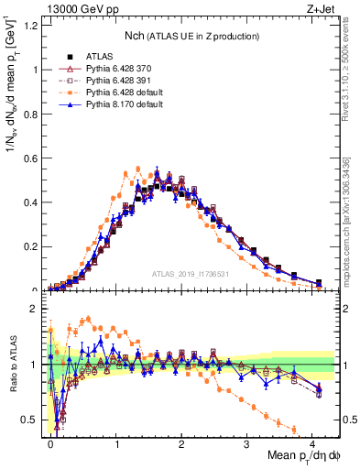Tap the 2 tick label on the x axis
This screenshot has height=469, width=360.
[181, 444]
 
